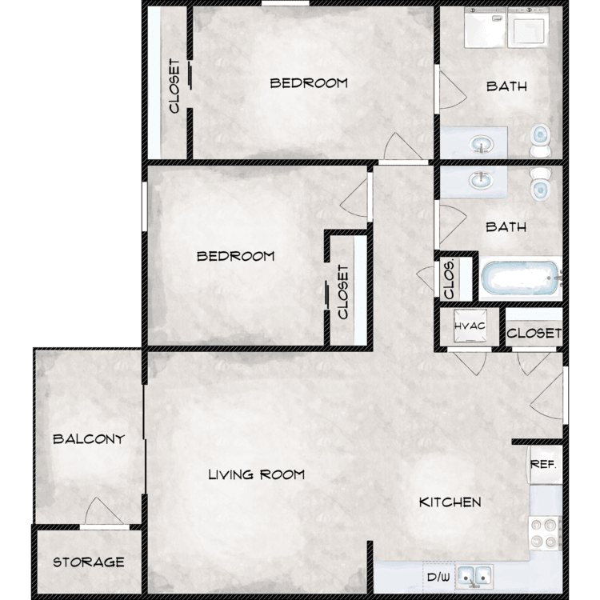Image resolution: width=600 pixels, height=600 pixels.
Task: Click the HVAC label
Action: pos(470,326)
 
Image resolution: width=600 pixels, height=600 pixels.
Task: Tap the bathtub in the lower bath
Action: pos(521,278)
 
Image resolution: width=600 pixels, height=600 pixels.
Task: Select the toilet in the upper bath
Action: pos(540,140)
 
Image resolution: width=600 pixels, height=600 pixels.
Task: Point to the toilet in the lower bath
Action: pos(540,184)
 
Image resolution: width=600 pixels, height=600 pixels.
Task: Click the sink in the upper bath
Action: pos(482,145)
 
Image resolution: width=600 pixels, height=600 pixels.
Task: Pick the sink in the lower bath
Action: pos(482,180)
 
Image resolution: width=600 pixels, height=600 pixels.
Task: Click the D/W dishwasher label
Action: pos(438,577)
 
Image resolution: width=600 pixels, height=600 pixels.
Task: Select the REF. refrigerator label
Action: pos(543,465)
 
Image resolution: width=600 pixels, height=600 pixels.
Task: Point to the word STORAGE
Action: pos(89,562)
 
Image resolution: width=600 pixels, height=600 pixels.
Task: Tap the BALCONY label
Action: pos(89,439)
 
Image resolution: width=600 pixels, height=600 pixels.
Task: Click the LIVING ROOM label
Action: pos(256,475)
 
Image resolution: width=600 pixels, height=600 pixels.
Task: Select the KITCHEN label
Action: pos(450,502)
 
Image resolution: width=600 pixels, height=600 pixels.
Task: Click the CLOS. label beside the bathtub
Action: pos(450,279)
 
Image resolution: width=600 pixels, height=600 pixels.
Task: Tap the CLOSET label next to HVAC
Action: pos(534,334)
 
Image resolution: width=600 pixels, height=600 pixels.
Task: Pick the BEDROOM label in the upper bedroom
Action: pos(309,83)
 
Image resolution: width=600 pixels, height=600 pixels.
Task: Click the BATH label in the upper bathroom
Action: pos(506,86)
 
